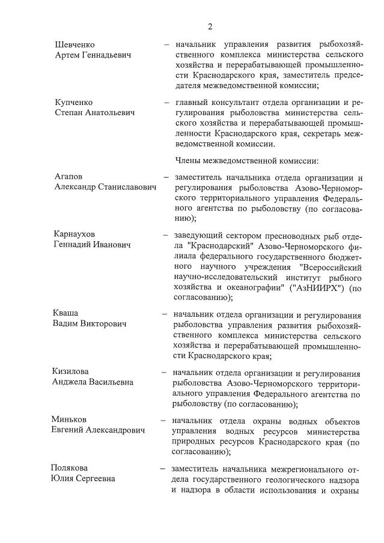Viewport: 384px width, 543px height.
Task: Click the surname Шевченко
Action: [75, 45]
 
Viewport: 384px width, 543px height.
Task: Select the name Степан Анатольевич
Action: [94, 112]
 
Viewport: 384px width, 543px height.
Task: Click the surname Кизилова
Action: [71, 371]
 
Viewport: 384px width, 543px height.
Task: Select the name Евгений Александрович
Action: [99, 430]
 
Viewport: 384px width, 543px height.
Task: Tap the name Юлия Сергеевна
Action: [82, 478]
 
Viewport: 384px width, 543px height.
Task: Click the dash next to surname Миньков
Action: [163, 420]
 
